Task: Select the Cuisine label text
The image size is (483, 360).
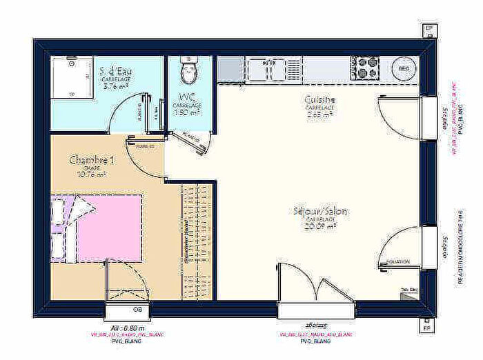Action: pyautogui.click(x=319, y=99)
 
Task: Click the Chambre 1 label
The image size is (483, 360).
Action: pyautogui.click(x=90, y=159)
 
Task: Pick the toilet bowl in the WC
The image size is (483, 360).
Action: pyautogui.click(x=187, y=70)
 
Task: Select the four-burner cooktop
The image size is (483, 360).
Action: pyautogui.click(x=366, y=68)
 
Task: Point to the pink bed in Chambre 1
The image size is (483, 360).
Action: pyautogui.click(x=103, y=228)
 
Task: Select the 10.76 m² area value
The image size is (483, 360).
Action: pyautogui.click(x=91, y=174)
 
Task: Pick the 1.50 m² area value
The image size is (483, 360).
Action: pyautogui.click(x=186, y=112)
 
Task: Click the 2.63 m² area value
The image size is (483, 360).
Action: pyautogui.click(x=320, y=115)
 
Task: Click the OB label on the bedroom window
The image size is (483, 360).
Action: pyautogui.click(x=137, y=308)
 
